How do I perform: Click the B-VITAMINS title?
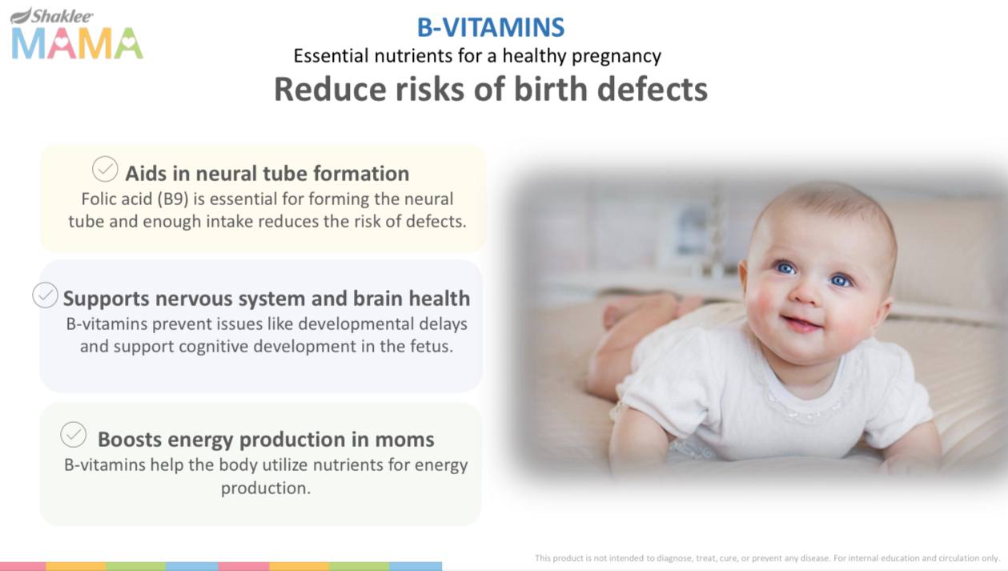[491, 27]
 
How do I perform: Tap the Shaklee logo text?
[62, 16]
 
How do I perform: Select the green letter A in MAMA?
[128, 43]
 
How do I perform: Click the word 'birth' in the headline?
[550, 89]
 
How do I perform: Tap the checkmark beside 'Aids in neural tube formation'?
[105, 169]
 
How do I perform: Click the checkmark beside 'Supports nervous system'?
[45, 296]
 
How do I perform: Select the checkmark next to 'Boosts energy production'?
[73, 435]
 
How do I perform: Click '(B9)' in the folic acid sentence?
[173, 199]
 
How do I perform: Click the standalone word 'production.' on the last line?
[266, 489]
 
